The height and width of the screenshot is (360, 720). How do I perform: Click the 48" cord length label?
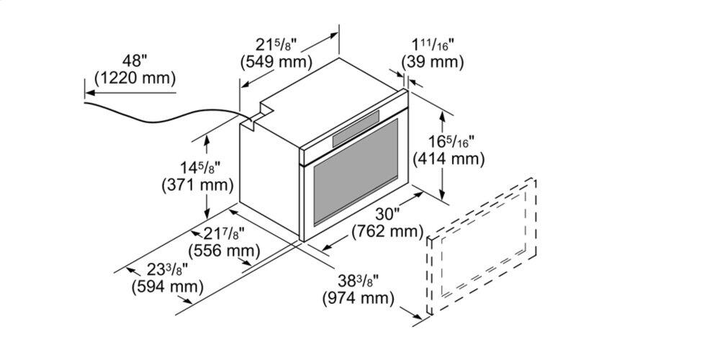tap(135, 61)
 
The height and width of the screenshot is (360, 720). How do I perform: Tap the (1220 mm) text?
tap(135, 78)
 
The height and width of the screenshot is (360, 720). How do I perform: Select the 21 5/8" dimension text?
tap(276, 45)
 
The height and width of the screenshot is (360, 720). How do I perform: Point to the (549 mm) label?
tap(276, 61)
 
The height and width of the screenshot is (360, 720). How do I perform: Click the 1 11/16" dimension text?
tap(432, 45)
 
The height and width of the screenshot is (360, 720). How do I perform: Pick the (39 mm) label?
tap(432, 61)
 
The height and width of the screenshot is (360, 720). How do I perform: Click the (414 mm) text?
tap(449, 159)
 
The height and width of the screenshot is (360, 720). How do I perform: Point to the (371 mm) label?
tap(197, 185)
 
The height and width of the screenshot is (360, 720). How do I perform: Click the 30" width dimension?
tap(387, 215)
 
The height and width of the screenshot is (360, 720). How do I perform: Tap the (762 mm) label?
tap(387, 231)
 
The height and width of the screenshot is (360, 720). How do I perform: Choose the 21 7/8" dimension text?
tap(224, 234)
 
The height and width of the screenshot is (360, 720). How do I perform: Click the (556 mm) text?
tap(224, 251)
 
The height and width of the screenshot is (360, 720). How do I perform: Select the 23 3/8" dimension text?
tap(168, 270)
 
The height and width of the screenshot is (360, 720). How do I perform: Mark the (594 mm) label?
tap(167, 287)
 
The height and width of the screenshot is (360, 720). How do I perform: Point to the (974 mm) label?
tap(358, 299)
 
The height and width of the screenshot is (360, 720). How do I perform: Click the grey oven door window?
tap(356, 172)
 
